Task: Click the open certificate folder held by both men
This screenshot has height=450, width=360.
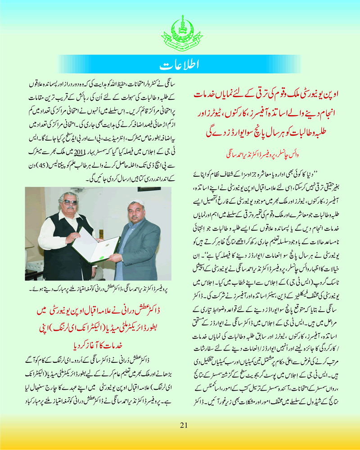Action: pyautogui.click(x=95, y=243)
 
